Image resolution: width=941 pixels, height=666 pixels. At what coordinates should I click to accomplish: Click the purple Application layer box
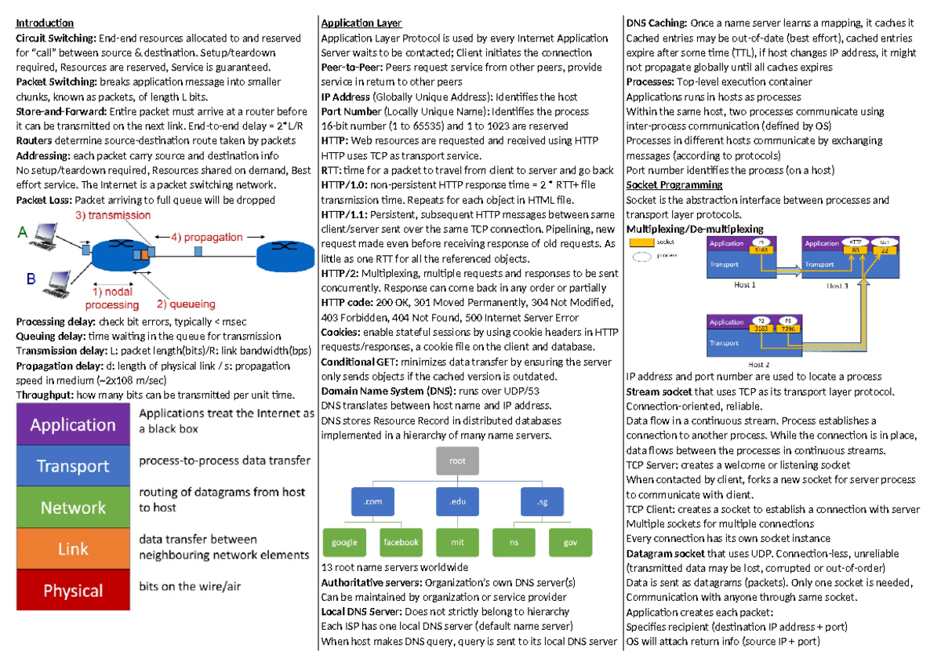click(x=72, y=425)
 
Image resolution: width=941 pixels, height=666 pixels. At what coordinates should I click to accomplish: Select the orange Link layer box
click(x=72, y=548)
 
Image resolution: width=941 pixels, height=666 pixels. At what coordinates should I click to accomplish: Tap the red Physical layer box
click(x=72, y=590)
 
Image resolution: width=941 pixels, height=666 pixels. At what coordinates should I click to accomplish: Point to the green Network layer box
click(x=72, y=508)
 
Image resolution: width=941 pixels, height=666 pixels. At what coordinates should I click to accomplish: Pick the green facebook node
click(x=400, y=542)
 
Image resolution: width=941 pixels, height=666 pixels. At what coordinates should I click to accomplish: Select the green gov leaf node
click(x=570, y=542)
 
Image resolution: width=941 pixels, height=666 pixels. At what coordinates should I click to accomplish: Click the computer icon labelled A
click(x=47, y=233)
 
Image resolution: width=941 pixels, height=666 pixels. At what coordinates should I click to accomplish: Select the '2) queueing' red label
click(x=186, y=304)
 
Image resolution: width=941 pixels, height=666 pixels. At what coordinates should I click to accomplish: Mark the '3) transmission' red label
click(x=113, y=215)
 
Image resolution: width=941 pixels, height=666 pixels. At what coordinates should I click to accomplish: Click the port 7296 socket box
click(x=787, y=328)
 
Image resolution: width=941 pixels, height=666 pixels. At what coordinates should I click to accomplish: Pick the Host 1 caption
click(x=744, y=285)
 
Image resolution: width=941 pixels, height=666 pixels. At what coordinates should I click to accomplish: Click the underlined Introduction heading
click(x=45, y=24)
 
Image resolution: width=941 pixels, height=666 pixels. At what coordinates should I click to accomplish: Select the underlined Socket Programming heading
click(x=674, y=185)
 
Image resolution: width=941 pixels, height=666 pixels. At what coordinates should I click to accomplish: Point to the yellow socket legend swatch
click(x=641, y=242)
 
